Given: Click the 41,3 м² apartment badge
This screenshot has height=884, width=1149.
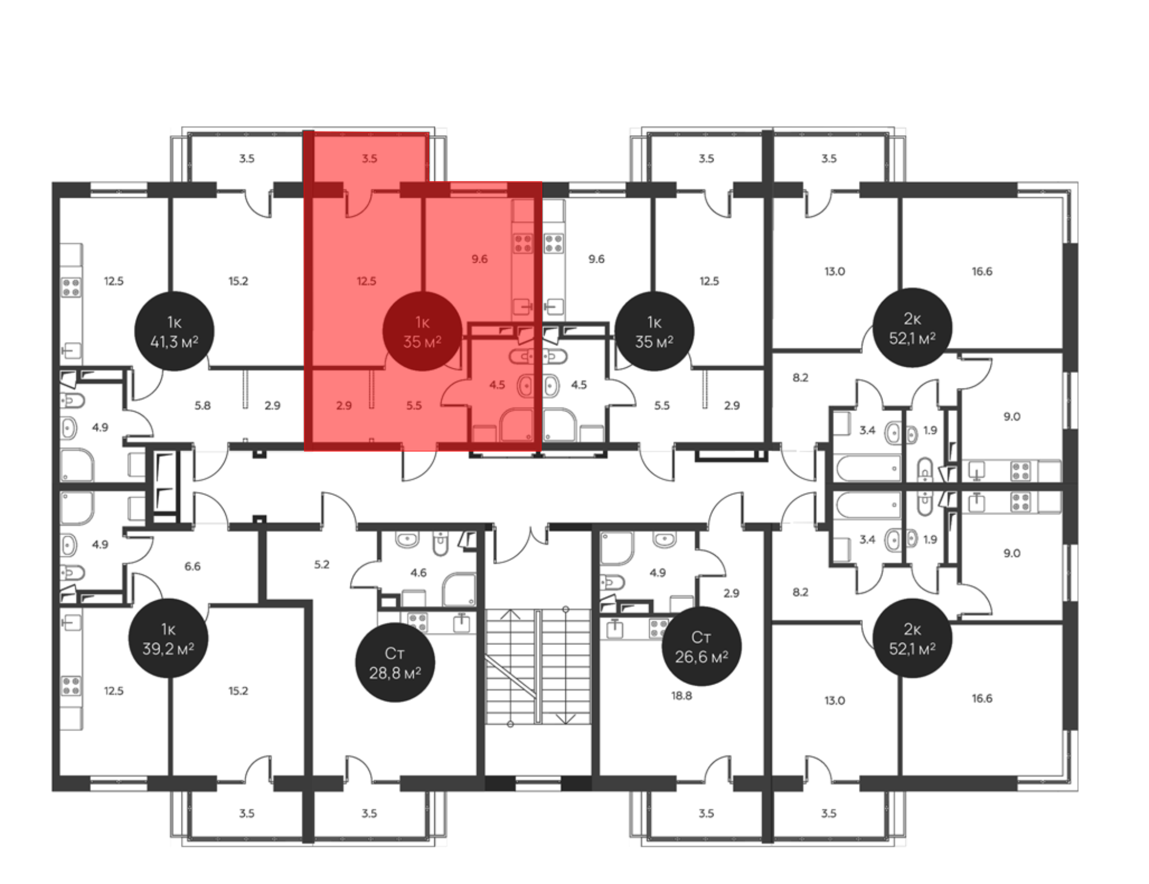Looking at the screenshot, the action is (x=174, y=331).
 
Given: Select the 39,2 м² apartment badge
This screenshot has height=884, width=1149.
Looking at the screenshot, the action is (x=168, y=638).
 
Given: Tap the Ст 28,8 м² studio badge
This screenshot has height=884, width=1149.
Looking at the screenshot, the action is (x=395, y=662).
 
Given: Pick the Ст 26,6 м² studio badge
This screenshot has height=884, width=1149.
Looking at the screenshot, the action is (x=701, y=646).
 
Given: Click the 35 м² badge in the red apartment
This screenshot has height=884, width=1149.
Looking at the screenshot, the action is (x=422, y=331).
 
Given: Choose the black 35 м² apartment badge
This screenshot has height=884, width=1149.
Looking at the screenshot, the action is (x=654, y=331).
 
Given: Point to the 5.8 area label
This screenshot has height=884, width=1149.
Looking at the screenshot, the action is (x=202, y=405).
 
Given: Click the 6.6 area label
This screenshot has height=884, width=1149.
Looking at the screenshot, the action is (x=192, y=566).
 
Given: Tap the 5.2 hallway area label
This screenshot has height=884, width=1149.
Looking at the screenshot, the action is (x=322, y=564).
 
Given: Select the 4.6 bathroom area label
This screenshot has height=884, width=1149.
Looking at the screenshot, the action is (x=418, y=572).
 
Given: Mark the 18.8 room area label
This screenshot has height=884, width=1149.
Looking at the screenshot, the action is (x=681, y=695).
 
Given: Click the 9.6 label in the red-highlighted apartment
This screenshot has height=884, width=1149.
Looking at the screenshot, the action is (x=480, y=259).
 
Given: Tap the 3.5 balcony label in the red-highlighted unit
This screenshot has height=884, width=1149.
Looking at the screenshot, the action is (x=369, y=158).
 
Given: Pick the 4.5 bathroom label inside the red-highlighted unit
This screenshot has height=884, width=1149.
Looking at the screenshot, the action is (x=497, y=385).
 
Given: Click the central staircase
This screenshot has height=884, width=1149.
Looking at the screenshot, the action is (x=538, y=667).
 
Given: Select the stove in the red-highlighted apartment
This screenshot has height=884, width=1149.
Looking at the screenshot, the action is (x=523, y=243).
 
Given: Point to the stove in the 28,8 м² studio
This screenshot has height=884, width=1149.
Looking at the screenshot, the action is (x=418, y=622).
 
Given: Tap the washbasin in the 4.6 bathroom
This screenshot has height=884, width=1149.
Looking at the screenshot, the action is (x=407, y=539).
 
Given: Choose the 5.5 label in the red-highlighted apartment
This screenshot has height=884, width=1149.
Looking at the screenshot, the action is (x=414, y=405).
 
